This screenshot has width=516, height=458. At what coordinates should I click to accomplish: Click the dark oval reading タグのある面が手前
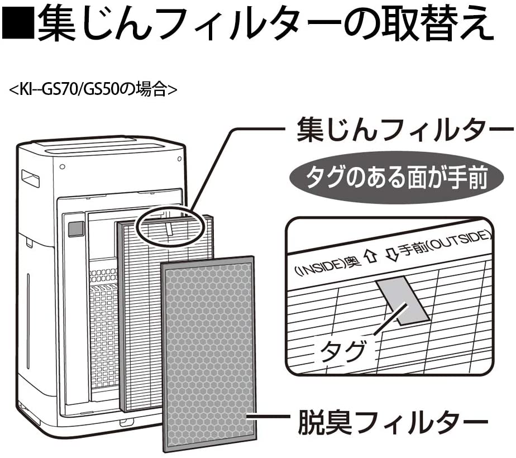[396, 178]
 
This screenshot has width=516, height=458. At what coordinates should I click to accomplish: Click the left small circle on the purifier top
[62, 166]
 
